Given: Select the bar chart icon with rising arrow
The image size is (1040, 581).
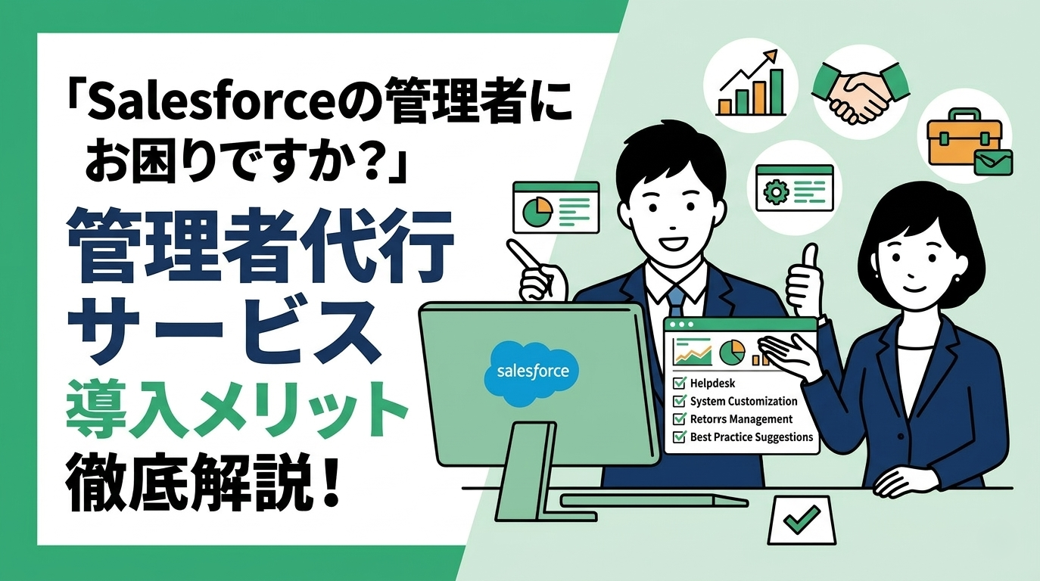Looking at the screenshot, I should pos(749,83).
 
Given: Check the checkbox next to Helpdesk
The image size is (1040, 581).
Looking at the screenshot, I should pos(679,383).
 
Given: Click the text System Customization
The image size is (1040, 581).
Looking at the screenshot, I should pos(744,401).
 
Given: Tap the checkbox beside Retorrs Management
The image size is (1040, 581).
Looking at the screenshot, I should pos(679,418).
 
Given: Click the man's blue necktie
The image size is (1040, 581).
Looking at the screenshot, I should pos(677,302).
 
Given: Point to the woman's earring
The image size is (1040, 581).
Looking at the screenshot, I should pos(957,279).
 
